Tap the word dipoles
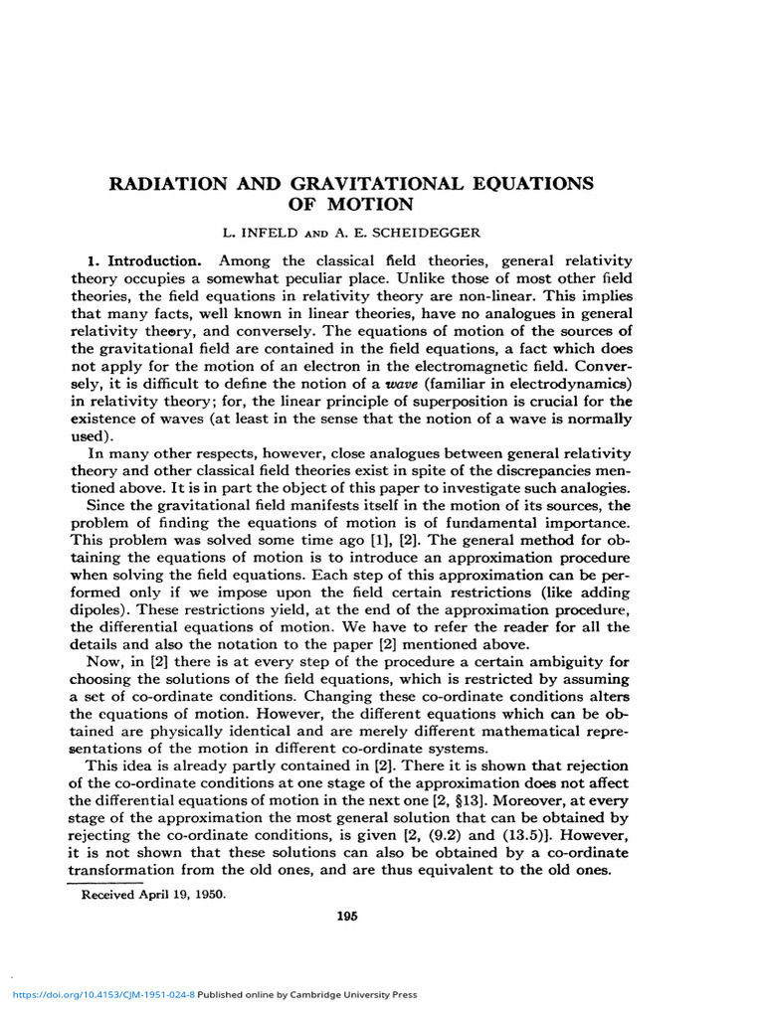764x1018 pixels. (x=102, y=610)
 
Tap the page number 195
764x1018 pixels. (x=345, y=916)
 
